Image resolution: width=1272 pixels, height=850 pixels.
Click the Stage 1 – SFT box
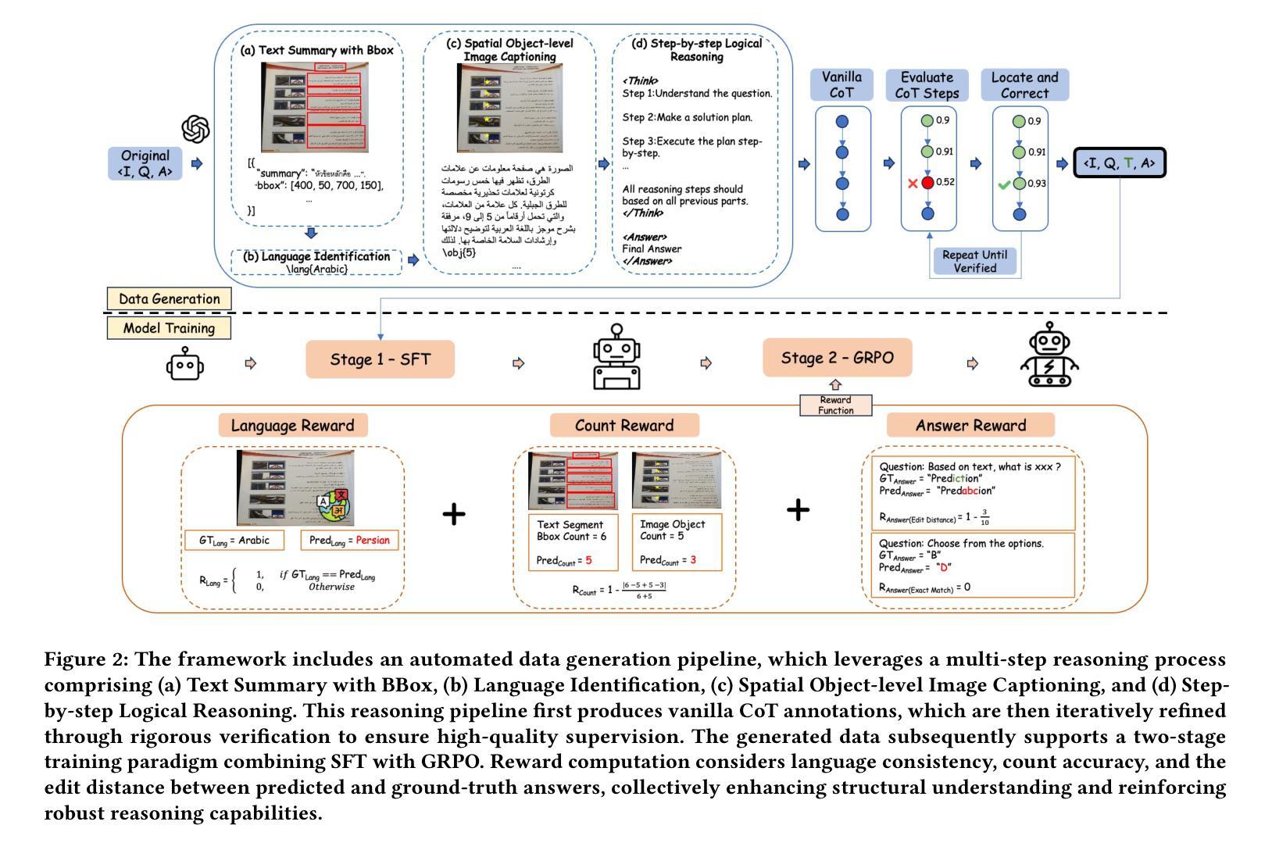[380, 359]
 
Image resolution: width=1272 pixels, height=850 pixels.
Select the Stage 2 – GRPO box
[837, 358]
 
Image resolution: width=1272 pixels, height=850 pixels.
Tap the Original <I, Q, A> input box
[145, 163]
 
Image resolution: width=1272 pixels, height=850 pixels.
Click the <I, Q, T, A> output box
[1119, 163]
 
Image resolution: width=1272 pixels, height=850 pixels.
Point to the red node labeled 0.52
[927, 183]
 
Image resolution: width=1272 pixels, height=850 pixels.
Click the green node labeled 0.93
[1019, 184]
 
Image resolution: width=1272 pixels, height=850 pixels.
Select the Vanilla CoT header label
[841, 84]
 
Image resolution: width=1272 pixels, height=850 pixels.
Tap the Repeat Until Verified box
[974, 261]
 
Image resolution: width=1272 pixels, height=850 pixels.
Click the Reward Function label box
[835, 405]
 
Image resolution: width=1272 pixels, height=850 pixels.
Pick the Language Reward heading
[292, 425]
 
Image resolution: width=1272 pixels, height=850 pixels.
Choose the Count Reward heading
[623, 425]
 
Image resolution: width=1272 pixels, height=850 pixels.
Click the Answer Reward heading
[970, 425]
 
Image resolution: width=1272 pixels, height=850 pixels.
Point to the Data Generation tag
[169, 298]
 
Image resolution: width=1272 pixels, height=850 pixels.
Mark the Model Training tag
[169, 328]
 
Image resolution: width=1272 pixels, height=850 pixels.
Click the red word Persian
[372, 540]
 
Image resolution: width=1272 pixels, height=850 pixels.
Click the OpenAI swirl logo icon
[195, 129]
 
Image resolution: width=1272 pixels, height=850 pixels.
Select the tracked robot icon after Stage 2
[1050, 358]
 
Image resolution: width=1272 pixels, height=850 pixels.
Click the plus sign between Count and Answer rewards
[798, 510]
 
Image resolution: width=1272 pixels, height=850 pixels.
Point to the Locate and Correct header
[1024, 84]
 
